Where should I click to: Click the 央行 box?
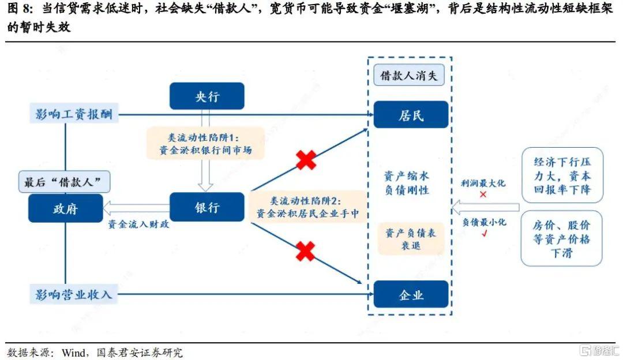[207, 96]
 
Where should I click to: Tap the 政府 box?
[66, 208]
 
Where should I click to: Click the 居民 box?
[411, 115]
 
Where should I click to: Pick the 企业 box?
[411, 294]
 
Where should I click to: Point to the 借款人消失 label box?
[409, 76]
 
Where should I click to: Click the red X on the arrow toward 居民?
[306, 160]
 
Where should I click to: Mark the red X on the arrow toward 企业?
[305, 252]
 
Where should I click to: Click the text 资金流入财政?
[138, 224]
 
